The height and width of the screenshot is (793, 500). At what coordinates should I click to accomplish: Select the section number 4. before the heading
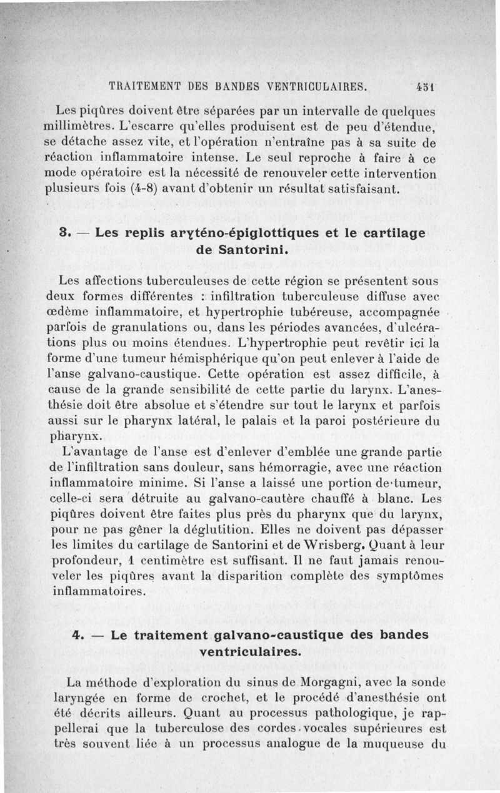tap(79, 636)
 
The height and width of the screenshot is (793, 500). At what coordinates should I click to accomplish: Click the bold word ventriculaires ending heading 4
tap(249, 652)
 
